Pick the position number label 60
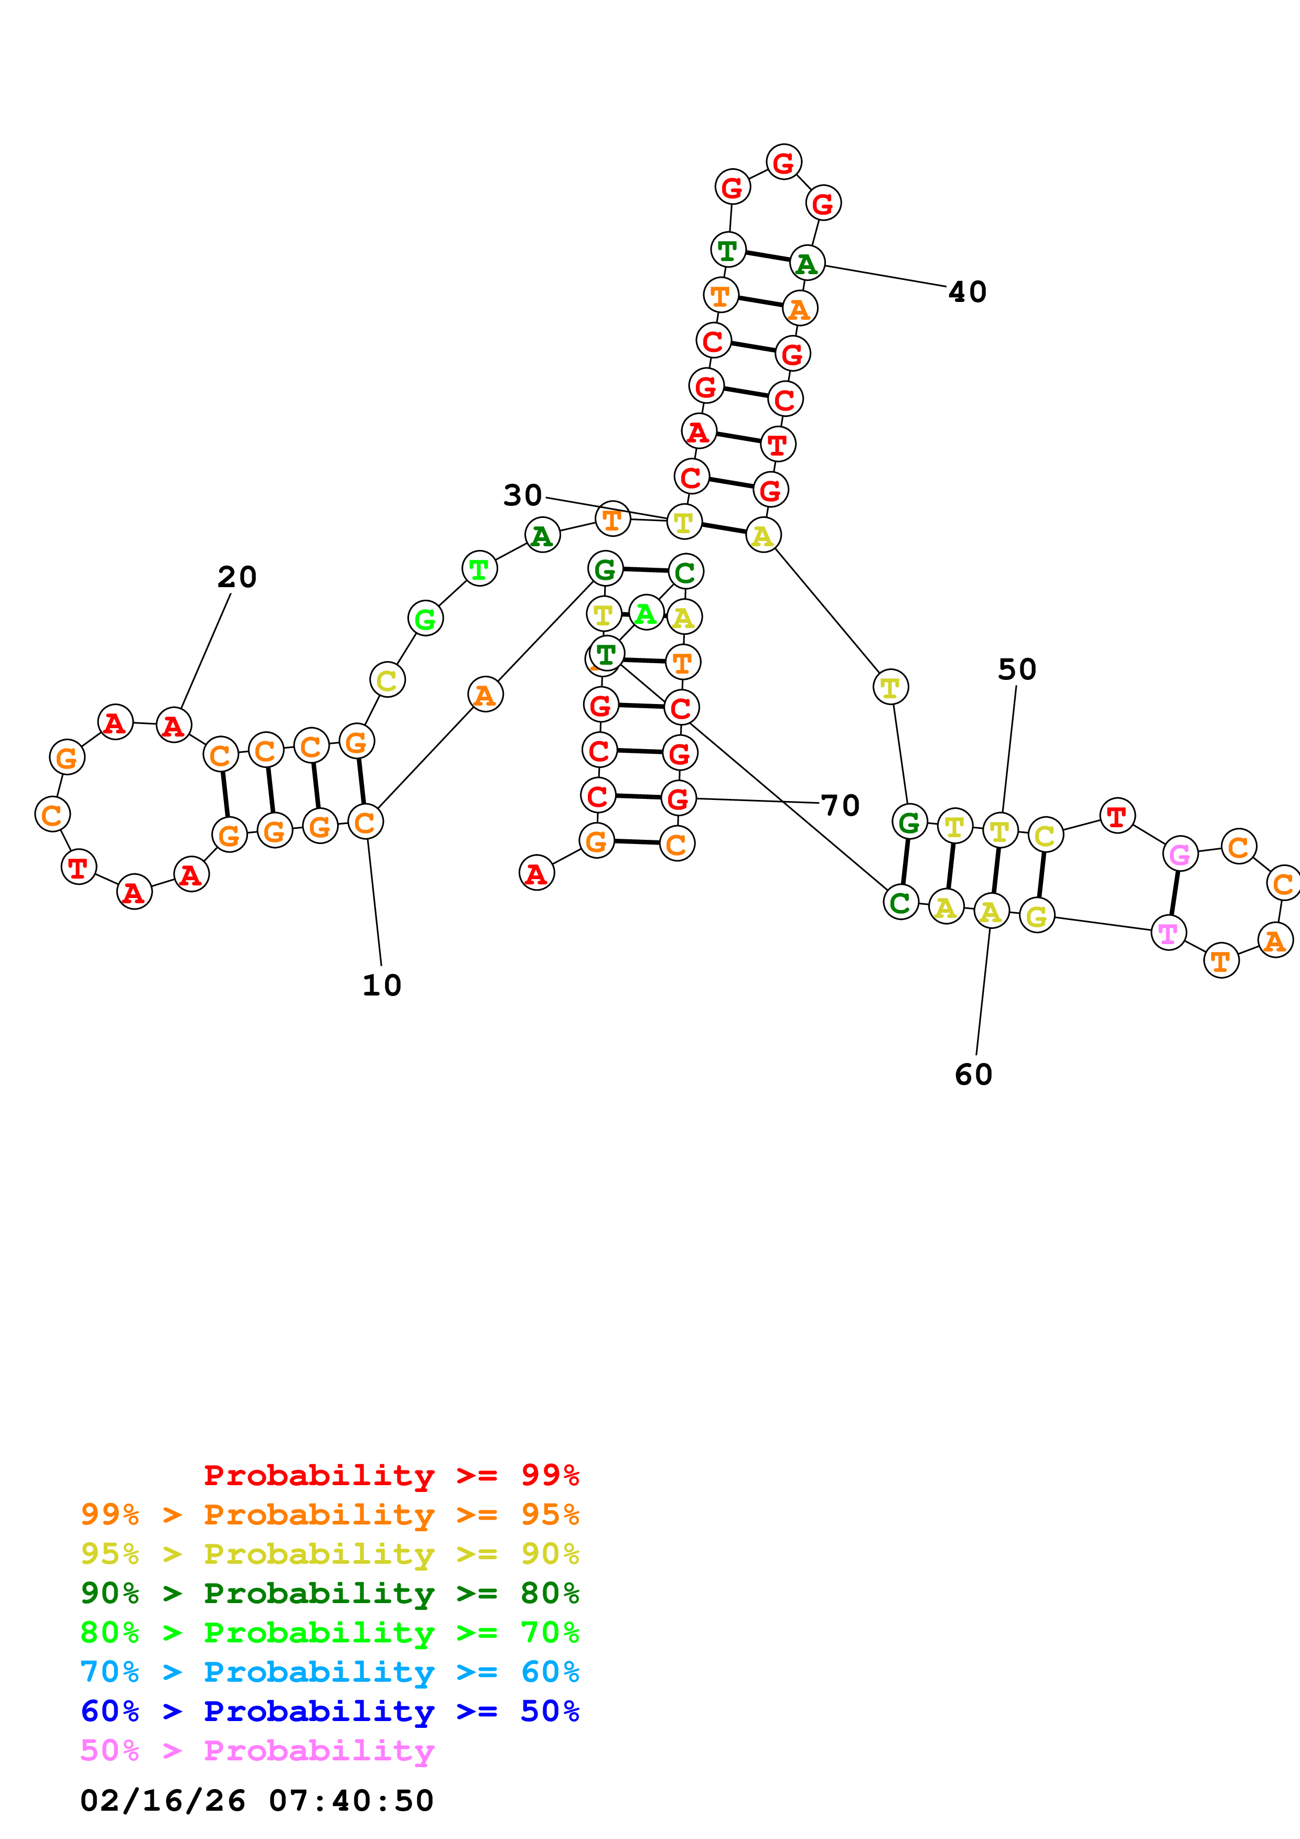click(x=973, y=1075)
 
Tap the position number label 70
click(x=840, y=806)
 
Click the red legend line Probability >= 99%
click(x=391, y=1475)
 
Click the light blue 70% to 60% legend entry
click(x=329, y=1672)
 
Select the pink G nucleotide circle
click(x=1180, y=854)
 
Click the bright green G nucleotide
click(x=425, y=619)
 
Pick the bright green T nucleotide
click(x=479, y=569)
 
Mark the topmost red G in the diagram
click(x=783, y=163)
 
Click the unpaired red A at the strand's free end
click(x=536, y=873)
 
